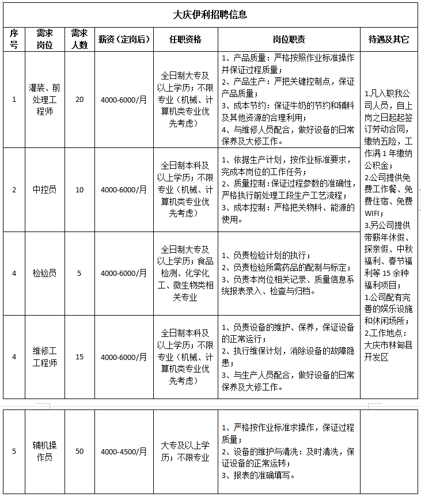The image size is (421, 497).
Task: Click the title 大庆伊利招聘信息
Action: pos(210,14)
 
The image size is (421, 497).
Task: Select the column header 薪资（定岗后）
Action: pos(124,40)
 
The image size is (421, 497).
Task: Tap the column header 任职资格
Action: pos(185,40)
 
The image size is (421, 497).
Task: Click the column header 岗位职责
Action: pos(289,40)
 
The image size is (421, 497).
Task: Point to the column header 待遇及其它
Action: pos(389,40)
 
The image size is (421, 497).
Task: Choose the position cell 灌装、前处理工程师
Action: pos(44,100)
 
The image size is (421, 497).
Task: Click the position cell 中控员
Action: pos(44,189)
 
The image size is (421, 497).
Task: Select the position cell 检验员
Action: pos(44,273)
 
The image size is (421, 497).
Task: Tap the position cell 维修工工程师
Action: pos(44,356)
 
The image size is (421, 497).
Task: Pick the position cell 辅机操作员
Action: pos(44,451)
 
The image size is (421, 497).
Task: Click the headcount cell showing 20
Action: pos(79,100)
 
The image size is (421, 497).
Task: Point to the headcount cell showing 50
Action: pos(79,451)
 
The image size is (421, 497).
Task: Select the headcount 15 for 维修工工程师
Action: pos(79,356)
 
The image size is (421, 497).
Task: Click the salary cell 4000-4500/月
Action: pos(124,451)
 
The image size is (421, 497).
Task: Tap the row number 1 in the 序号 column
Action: pos(14,100)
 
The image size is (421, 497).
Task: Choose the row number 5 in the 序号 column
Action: pos(14,451)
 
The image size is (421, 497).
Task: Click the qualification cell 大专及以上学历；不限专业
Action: pos(185,451)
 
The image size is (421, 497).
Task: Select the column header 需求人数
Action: pos(79,40)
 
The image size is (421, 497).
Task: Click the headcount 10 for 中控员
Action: pos(79,189)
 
